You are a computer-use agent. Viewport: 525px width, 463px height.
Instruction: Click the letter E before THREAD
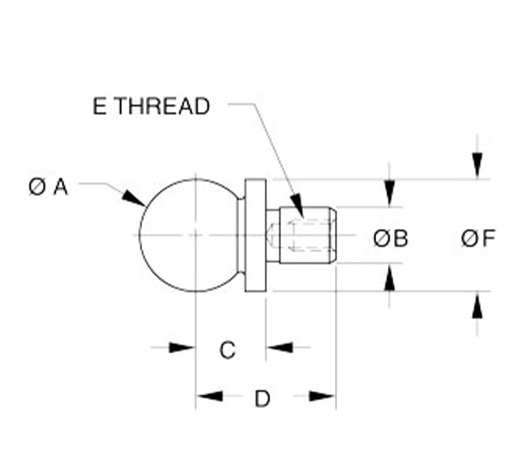coord(99,106)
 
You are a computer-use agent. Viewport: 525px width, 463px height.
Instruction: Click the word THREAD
coord(163,106)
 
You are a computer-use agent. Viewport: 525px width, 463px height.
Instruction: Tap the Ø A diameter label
coord(48,187)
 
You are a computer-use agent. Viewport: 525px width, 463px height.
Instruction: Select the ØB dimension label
coord(390,238)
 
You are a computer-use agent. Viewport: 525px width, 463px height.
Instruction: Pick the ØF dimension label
coord(478,238)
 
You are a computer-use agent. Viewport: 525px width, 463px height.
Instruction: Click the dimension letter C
coord(227,350)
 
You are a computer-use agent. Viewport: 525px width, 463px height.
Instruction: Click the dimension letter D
coord(262,399)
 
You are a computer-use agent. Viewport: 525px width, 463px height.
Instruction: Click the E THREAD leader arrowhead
coord(297,205)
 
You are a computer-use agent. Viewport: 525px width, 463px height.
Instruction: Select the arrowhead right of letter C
coord(280,348)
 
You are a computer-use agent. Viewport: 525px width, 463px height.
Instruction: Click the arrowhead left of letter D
coord(210,396)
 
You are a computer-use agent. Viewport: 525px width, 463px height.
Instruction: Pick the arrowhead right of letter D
coord(322,396)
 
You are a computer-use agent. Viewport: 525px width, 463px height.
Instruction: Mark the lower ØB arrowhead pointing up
coord(389,278)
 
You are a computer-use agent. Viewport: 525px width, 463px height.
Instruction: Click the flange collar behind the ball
coord(255,235)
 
